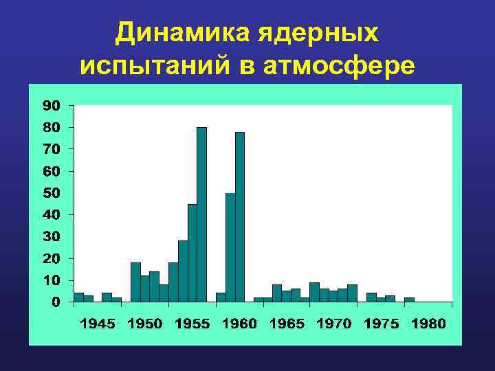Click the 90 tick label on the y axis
(52, 105)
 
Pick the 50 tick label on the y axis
(52, 192)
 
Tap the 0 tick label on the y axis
(56, 302)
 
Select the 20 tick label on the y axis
(52, 258)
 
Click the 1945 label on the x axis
(98, 324)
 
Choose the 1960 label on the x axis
(239, 324)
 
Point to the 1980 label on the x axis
(428, 324)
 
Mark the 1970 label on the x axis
(333, 324)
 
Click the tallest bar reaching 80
(201, 214)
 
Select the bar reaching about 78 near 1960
(240, 216)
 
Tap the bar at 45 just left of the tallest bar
(192, 253)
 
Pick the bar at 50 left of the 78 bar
(230, 247)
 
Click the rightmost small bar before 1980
(409, 300)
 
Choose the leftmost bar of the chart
(78, 297)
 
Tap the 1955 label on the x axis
(192, 324)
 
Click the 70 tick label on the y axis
(52, 148)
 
